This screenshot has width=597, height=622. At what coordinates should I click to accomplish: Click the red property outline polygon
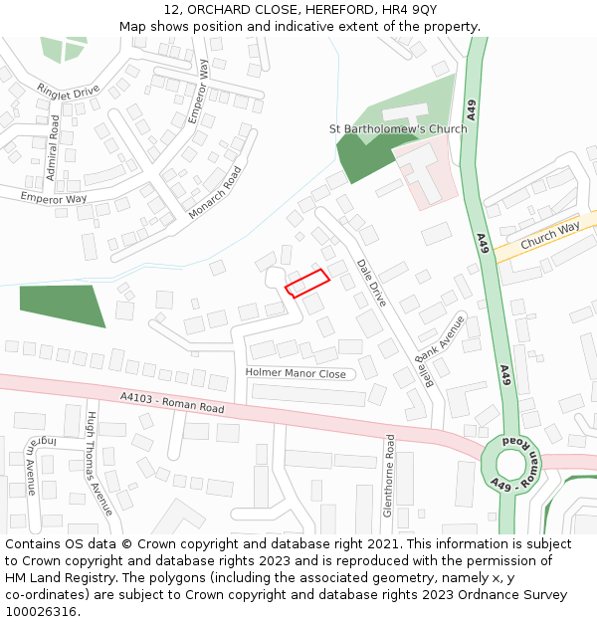tap(307, 283)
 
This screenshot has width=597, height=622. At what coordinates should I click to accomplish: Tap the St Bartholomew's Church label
tap(398, 129)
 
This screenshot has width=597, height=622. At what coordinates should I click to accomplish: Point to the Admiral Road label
tap(53, 148)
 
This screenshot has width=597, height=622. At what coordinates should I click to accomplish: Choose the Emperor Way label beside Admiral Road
tap(54, 198)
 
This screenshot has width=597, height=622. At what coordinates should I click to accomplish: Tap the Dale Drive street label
tap(371, 282)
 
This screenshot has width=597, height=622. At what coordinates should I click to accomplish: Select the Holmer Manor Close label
tap(296, 374)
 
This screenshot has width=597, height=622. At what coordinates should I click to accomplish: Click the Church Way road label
tap(549, 235)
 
